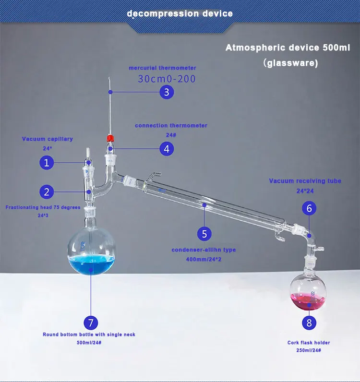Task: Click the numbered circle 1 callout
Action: click(47, 163)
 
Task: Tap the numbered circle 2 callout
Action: click(47, 192)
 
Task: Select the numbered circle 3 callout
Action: click(166, 92)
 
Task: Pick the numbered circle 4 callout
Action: click(166, 149)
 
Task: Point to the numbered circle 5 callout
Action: click(204, 234)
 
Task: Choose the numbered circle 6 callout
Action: click(309, 208)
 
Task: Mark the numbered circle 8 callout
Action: click(309, 322)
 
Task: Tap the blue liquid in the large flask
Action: click(91, 264)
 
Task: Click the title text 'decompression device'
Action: click(180, 13)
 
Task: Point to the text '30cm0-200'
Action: click(167, 79)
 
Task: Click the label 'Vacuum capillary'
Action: click(48, 139)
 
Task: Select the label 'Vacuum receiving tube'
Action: click(305, 181)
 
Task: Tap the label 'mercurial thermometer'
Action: click(162, 68)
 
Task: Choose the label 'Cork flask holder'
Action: click(309, 343)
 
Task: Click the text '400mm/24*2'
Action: click(204, 260)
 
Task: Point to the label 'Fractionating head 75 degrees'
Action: click(40, 207)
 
